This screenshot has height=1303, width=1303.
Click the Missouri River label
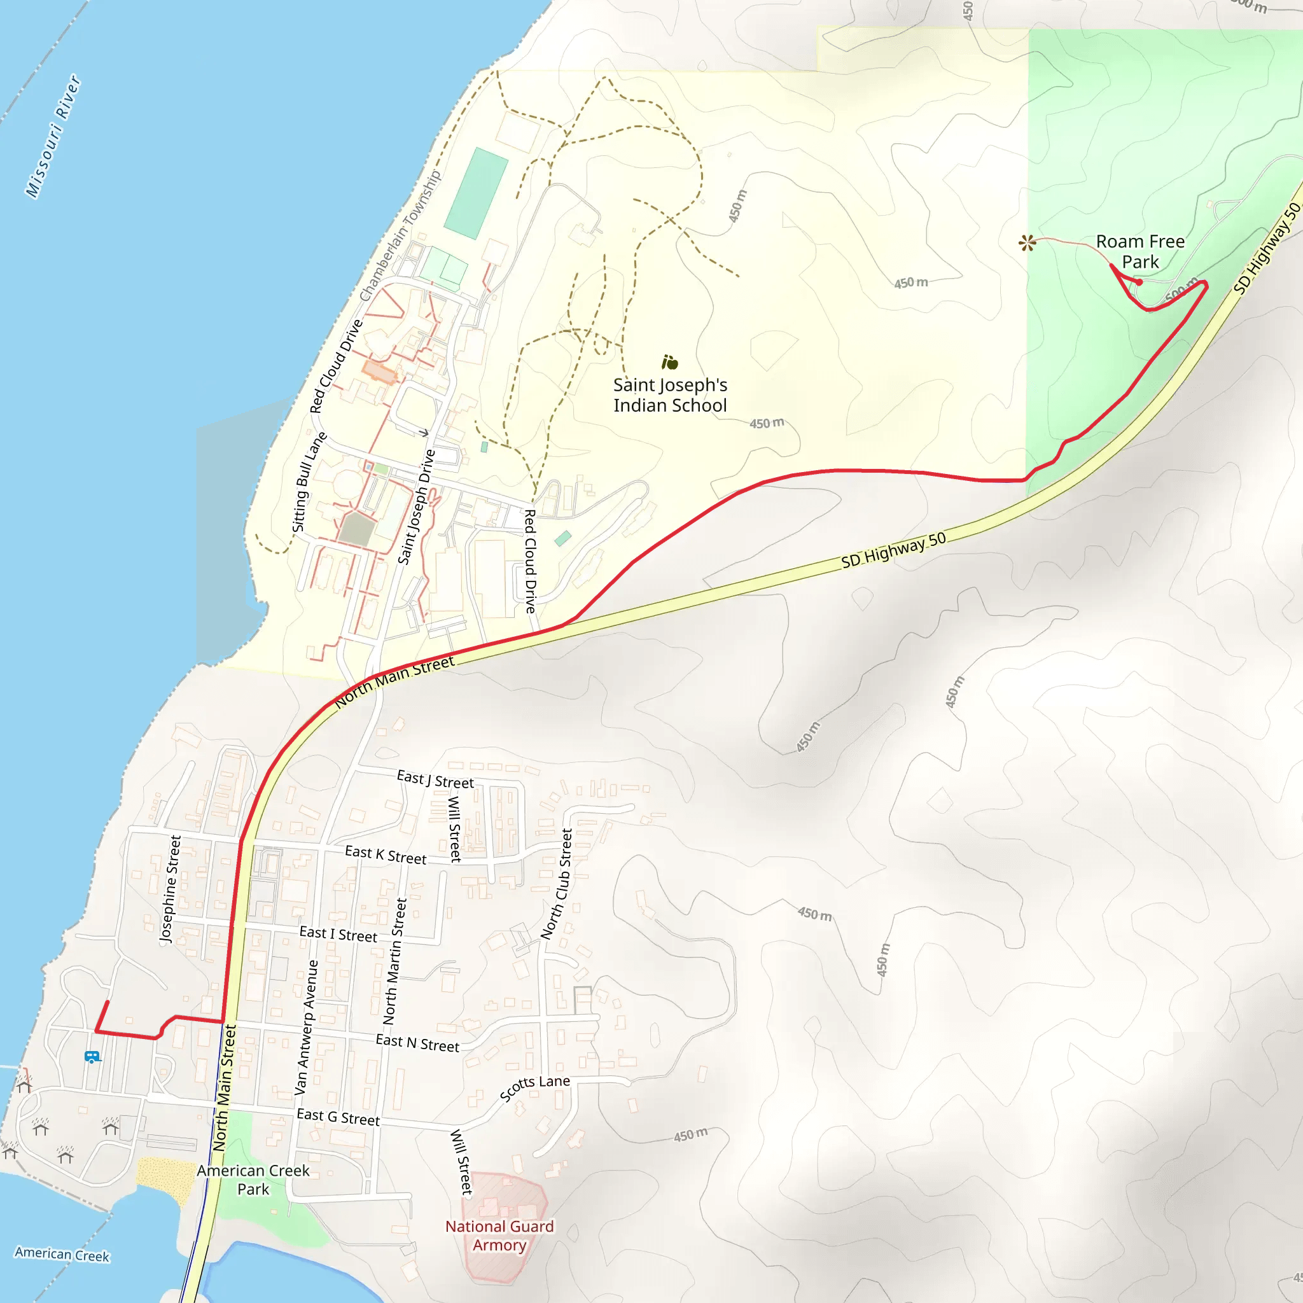click(x=54, y=137)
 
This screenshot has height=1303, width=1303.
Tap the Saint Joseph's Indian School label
click(x=670, y=395)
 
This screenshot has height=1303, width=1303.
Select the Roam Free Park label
click(x=1139, y=251)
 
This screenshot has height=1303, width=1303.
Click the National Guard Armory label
click(x=499, y=1236)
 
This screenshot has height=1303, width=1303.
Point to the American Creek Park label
click(x=253, y=1180)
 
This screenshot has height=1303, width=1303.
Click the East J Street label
click(x=435, y=779)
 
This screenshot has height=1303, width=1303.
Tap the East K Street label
click(x=386, y=855)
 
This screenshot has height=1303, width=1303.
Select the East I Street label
click(x=338, y=934)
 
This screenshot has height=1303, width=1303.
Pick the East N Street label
click(x=417, y=1043)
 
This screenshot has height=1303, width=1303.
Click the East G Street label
click(x=338, y=1117)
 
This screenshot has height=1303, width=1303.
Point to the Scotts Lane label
click(x=534, y=1087)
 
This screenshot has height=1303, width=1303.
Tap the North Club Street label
click(x=557, y=884)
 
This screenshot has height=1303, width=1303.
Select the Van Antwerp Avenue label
click(x=305, y=1027)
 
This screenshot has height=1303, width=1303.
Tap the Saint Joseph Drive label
click(x=416, y=506)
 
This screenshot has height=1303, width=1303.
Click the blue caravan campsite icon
click(x=92, y=1057)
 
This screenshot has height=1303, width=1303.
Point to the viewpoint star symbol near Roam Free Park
click(x=1026, y=243)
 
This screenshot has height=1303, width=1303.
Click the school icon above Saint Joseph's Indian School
click(x=670, y=363)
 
